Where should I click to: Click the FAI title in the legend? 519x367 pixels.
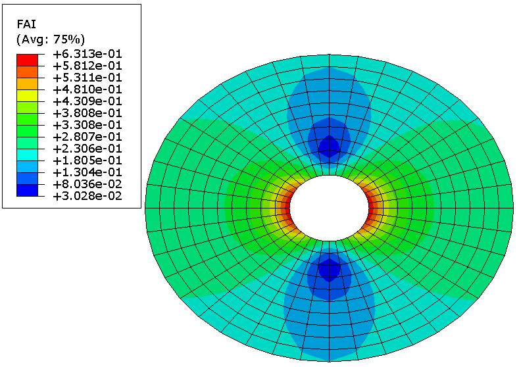pos(26,24)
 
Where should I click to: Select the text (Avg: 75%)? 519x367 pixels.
pos(51,39)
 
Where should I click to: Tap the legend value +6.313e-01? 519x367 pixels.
pos(87,54)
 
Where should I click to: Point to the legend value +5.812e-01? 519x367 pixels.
pos(87,66)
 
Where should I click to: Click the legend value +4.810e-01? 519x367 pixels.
pos(87,89)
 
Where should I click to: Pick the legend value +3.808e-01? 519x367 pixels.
pos(87,113)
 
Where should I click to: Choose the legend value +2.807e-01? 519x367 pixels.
pos(87,137)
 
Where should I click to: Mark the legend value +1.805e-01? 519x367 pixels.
pos(87,160)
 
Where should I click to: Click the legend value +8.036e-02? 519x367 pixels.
pos(87,184)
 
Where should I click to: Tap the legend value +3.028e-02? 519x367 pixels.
pos(87,196)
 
